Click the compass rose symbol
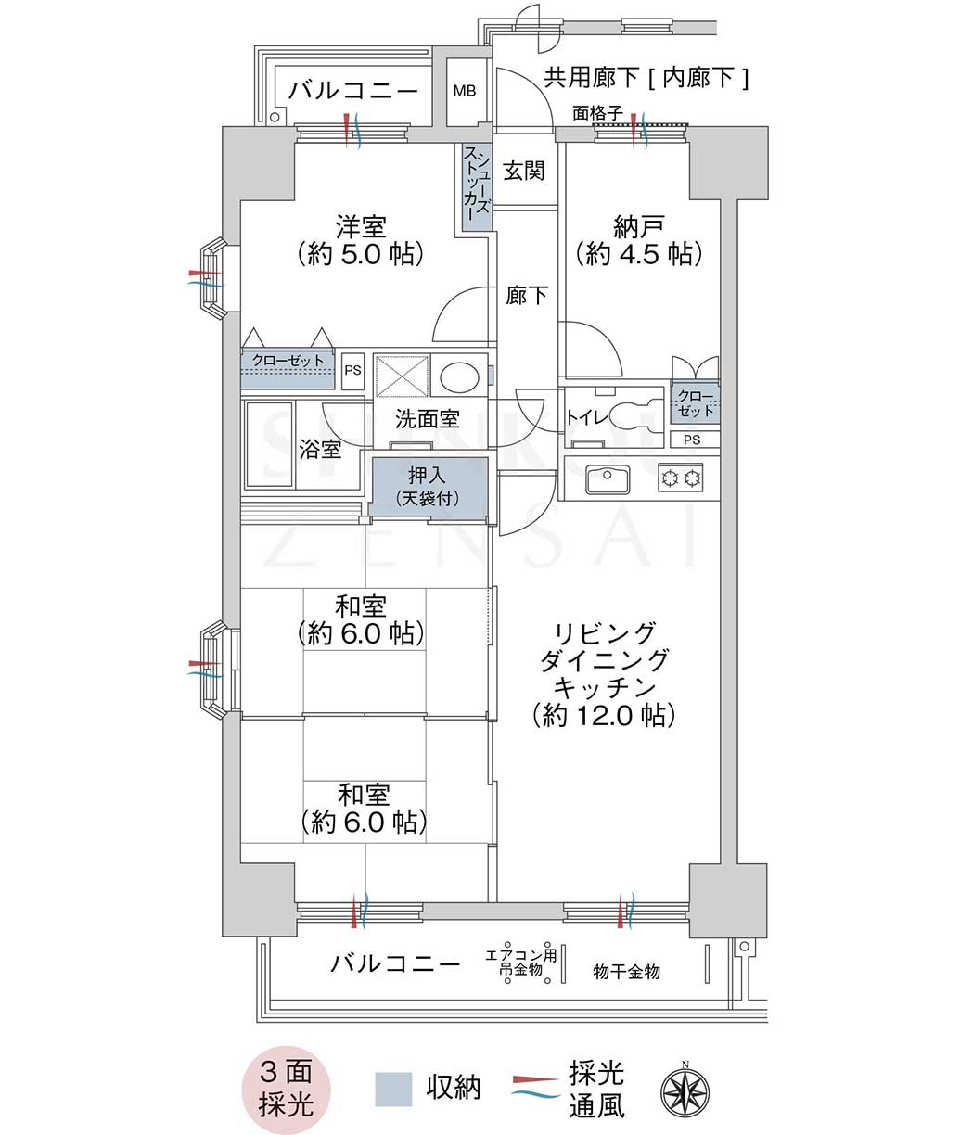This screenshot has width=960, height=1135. click(x=685, y=1090)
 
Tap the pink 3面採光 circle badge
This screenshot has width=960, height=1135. click(x=286, y=1090)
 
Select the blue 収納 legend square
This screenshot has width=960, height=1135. click(x=393, y=1090)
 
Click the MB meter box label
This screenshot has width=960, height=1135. click(x=465, y=91)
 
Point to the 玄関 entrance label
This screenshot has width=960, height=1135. click(x=524, y=171)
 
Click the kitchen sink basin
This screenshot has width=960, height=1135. click(x=608, y=478)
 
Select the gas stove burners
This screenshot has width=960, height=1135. click(x=681, y=478)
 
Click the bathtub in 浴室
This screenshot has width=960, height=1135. click(x=270, y=444)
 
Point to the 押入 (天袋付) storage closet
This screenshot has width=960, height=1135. click(x=428, y=487)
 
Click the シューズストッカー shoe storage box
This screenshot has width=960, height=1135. click(x=476, y=186)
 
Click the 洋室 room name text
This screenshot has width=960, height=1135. click(x=362, y=226)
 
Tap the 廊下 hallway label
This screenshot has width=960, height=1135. click(x=526, y=296)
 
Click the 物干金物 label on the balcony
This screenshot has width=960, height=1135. click(x=627, y=972)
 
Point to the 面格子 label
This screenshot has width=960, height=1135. click(x=597, y=113)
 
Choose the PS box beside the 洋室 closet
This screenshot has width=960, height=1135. click(x=352, y=370)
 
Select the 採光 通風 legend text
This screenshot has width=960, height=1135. click(x=596, y=1090)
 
